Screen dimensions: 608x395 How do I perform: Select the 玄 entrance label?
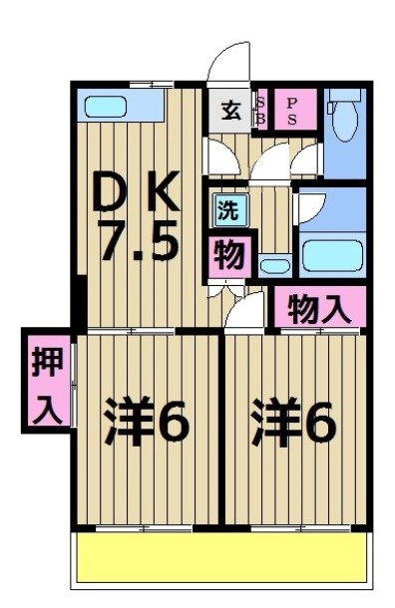click(231, 110)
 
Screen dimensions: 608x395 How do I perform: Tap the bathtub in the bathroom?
click(332, 256)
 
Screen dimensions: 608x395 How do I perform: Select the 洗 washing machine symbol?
click(228, 211)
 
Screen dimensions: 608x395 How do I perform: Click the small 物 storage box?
click(229, 256)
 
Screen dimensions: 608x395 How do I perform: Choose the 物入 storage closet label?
click(319, 308)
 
